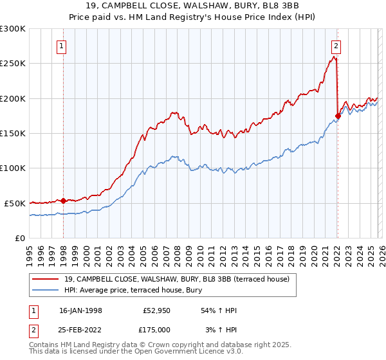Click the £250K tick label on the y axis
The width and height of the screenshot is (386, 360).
click(x=13, y=64)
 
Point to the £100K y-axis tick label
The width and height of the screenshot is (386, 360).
click(x=13, y=168)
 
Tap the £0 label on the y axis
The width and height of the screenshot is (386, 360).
click(x=21, y=238)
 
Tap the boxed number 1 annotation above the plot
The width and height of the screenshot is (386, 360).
click(x=62, y=46)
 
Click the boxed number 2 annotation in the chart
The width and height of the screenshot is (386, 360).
click(x=336, y=46)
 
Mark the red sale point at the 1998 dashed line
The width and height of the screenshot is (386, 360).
click(x=64, y=201)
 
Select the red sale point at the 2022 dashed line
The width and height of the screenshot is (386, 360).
click(x=338, y=116)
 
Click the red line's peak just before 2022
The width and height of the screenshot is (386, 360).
click(x=335, y=57)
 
